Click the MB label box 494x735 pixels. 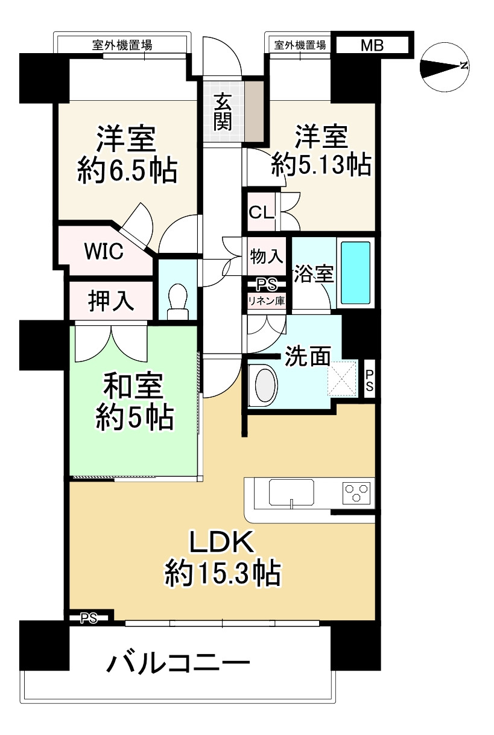click(x=372, y=45)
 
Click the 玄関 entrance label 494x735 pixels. click(x=223, y=112)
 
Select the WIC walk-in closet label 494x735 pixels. click(x=104, y=252)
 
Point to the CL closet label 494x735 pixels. click(x=261, y=212)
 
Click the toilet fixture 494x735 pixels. click(x=178, y=301)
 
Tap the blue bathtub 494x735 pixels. click(x=356, y=273)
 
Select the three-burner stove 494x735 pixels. click(x=356, y=493)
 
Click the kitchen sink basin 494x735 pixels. click(x=291, y=492)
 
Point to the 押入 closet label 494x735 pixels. click(x=111, y=301)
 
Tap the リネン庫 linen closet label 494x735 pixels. click(x=267, y=301)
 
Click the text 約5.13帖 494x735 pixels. click(x=321, y=164)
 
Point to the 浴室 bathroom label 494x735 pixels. click(x=314, y=273)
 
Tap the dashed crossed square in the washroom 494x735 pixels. click(x=342, y=378)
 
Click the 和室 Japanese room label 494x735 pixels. click(x=133, y=387)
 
